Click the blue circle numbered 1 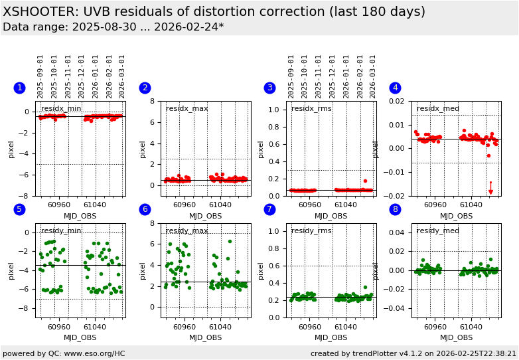pyautogui.click(x=19, y=88)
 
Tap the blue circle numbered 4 pyautogui.click(x=395, y=88)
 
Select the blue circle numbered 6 pyautogui.click(x=145, y=209)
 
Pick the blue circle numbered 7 pyautogui.click(x=269, y=209)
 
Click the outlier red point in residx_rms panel pyautogui.click(x=365, y=181)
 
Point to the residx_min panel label pyautogui.click(x=61, y=108)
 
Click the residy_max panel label pyautogui.click(x=186, y=230)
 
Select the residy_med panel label pyautogui.click(x=437, y=230)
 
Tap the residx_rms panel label pyautogui.click(x=311, y=108)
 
